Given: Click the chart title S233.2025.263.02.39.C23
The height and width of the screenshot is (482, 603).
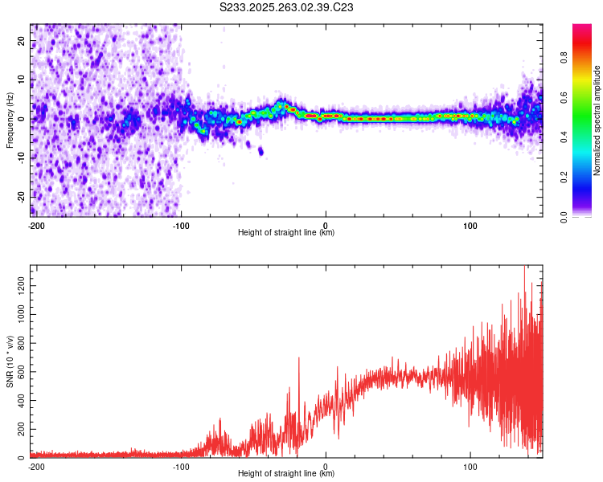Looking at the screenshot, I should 287,7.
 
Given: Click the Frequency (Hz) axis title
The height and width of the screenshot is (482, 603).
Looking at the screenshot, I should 10,120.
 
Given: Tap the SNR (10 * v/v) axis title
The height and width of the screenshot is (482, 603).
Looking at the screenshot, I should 10,361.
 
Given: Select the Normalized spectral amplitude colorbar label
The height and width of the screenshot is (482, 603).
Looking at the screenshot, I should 597,120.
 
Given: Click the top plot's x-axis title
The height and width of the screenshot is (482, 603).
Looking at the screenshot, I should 286,233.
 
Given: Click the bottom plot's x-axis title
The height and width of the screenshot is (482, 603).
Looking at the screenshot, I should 286,474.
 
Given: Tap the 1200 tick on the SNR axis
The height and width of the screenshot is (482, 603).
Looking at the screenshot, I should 18,286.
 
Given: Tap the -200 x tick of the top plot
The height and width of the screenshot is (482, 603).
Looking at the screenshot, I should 35,225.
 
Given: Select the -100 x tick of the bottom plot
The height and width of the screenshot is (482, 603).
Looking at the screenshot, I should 181,466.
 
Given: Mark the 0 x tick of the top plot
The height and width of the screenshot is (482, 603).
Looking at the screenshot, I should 326,225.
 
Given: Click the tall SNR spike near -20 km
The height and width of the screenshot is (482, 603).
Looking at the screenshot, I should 299,359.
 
